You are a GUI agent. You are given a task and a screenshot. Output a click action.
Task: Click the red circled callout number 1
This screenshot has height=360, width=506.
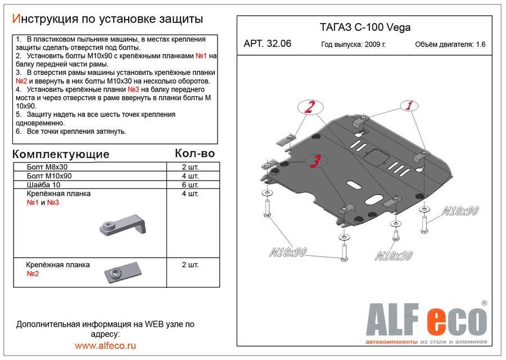[x=409, y=105]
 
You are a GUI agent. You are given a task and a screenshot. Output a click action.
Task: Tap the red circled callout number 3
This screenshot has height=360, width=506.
[x=317, y=161]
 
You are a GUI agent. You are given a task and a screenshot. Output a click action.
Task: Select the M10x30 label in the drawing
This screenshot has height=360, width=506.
[x=394, y=255]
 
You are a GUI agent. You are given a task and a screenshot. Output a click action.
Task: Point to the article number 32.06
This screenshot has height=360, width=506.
[x=268, y=44]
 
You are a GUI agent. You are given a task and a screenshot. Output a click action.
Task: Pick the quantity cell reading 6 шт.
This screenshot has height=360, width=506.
[x=190, y=184]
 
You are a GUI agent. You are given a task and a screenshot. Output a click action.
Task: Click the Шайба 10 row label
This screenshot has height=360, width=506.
[x=43, y=184]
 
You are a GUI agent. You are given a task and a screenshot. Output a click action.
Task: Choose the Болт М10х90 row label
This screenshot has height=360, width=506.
[x=49, y=175]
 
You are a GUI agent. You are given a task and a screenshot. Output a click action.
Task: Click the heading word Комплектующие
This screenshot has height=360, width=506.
[x=61, y=154]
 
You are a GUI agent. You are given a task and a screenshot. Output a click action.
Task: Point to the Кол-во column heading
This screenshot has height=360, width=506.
[x=195, y=152]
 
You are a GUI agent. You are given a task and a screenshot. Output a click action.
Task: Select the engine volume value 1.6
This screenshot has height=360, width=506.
[x=481, y=45]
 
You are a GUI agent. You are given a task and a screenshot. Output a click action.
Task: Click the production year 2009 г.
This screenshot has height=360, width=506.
[x=373, y=45]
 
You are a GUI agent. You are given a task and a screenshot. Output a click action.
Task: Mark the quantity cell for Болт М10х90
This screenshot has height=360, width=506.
[x=190, y=175]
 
